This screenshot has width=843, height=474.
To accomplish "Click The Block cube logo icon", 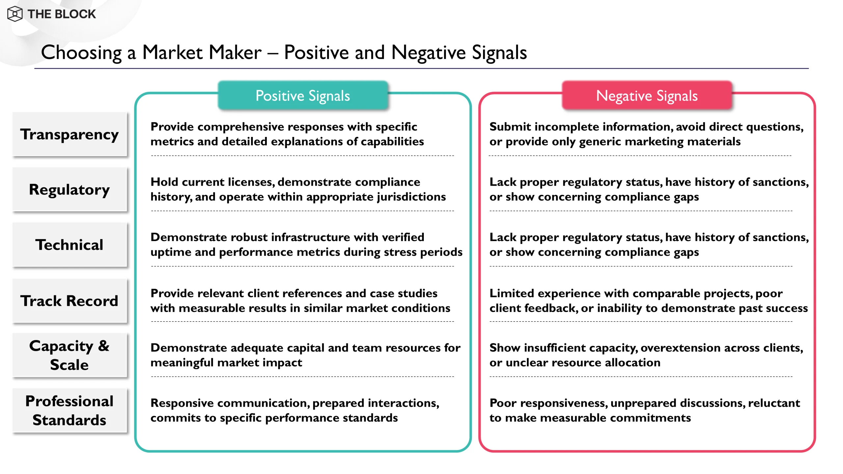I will pos(15,14).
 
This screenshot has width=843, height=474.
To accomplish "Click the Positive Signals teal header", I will pos(303,96).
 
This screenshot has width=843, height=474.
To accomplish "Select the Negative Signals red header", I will pos(647,96).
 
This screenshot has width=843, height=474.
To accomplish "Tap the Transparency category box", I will pos(69,134).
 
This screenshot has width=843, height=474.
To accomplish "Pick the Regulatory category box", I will pos(69,190).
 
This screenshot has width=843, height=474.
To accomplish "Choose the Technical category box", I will pos(69,245).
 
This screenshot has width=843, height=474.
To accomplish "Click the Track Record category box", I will pos(69,301).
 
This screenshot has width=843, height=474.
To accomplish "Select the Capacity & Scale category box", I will pos(69,355).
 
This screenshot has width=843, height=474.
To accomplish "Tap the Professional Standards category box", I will pos(69,410).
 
